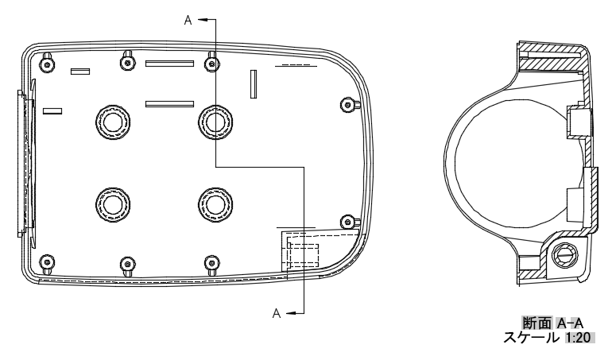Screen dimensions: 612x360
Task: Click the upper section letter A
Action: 188,21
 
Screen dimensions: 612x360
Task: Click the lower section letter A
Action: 277,313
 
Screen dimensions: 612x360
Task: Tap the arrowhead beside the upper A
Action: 203,19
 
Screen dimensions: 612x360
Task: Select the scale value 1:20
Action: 579,338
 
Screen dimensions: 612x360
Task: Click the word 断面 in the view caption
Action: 537,323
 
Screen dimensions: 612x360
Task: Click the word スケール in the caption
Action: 531,338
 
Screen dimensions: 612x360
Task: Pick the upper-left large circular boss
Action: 113,122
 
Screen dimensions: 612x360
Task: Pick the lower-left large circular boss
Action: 113,204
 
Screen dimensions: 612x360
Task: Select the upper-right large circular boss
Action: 215,122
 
